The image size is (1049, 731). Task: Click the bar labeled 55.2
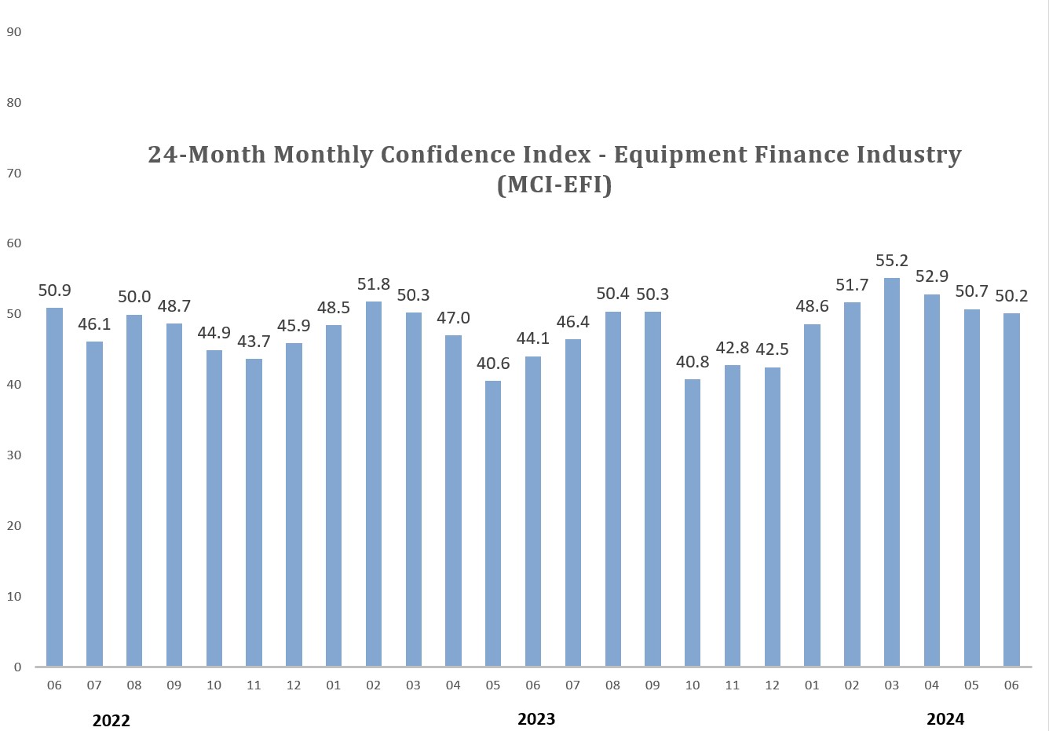[892, 472]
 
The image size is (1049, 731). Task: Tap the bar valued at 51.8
[374, 484]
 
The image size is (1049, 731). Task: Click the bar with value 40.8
[693, 523]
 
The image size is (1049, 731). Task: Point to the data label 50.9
[54, 291]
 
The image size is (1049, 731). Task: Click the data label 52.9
[932, 276]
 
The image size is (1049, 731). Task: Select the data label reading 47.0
[453, 318]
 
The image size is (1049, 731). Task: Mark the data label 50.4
[612, 294]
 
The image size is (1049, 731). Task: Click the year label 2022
[111, 721]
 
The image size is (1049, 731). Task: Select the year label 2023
[536, 719]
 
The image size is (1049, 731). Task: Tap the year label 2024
[945, 719]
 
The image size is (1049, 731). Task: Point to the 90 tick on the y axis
[13, 32]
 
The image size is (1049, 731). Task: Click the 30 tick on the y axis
[13, 455]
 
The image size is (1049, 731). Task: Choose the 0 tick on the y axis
[17, 667]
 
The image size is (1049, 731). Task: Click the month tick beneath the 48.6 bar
[812, 685]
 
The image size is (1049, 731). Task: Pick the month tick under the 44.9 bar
[214, 685]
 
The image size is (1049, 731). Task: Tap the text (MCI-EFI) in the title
[554, 185]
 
